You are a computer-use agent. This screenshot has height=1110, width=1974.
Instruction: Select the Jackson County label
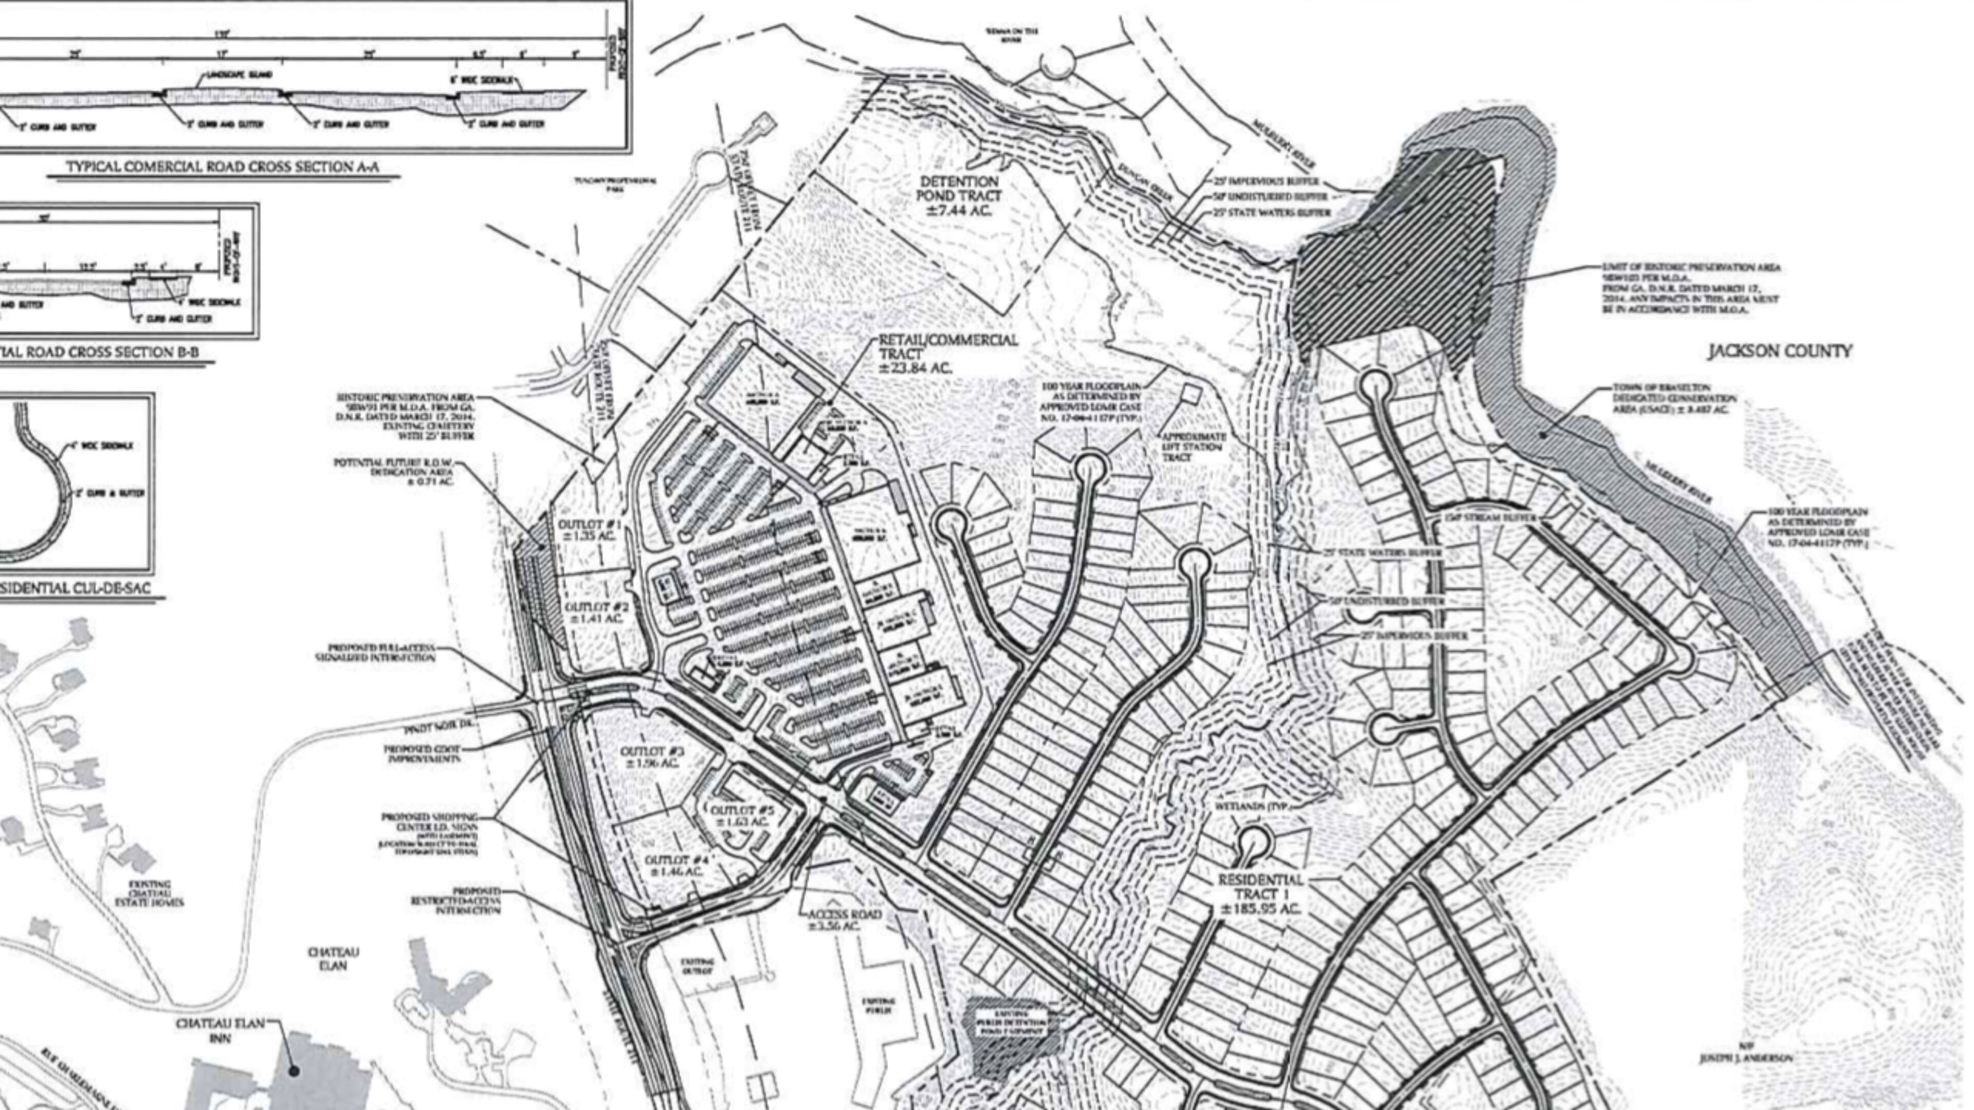1779,351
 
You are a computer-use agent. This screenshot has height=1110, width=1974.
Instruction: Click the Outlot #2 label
597,612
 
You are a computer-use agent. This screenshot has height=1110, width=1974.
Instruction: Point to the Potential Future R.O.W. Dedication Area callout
393,472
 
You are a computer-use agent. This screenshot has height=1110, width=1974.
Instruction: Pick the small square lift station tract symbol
1190,394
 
